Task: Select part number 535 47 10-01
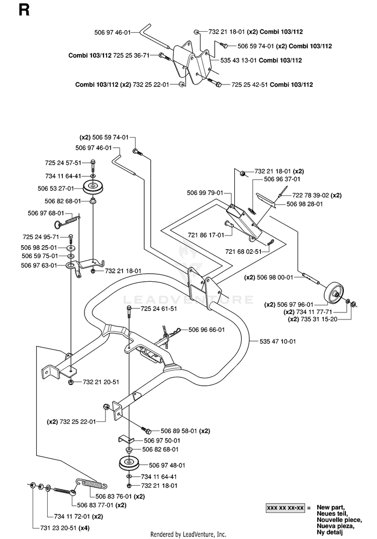pyautogui.click(x=277, y=342)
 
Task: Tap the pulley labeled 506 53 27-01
pyautogui.click(x=93, y=187)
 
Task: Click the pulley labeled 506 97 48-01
pyautogui.click(x=130, y=463)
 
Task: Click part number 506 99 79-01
pyautogui.click(x=205, y=193)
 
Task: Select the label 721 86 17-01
pyautogui.click(x=206, y=235)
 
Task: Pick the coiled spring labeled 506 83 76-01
pyautogui.click(x=91, y=484)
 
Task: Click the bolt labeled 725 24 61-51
pyautogui.click(x=129, y=311)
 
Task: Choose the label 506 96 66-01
pyautogui.click(x=207, y=330)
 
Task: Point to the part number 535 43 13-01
pyautogui.click(x=238, y=60)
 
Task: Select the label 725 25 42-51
pyautogui.click(x=249, y=84)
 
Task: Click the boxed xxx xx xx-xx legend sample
pyautogui.click(x=285, y=508)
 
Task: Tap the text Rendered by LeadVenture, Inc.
pyautogui.click(x=188, y=534)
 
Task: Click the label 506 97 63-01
pyautogui.click(x=39, y=265)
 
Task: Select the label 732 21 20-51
pyautogui.click(x=101, y=382)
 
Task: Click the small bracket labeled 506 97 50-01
pyautogui.click(x=126, y=440)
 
